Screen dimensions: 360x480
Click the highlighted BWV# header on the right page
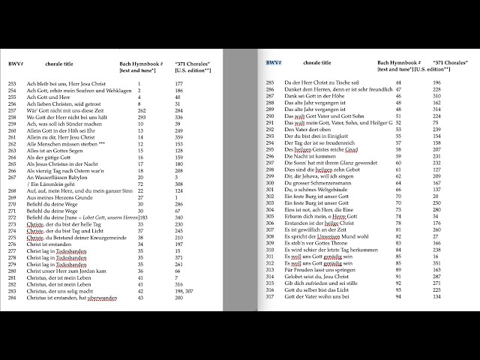pyautogui.click(x=273, y=64)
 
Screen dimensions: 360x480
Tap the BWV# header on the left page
pyautogui.click(x=15, y=64)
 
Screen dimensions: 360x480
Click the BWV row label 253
pyautogui.click(x=13, y=83)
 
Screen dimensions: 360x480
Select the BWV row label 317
pyautogui.click(x=270, y=296)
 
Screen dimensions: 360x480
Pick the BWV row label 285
pyautogui.click(x=270, y=83)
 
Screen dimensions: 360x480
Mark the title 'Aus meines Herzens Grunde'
pyautogui.click(x=59, y=197)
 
